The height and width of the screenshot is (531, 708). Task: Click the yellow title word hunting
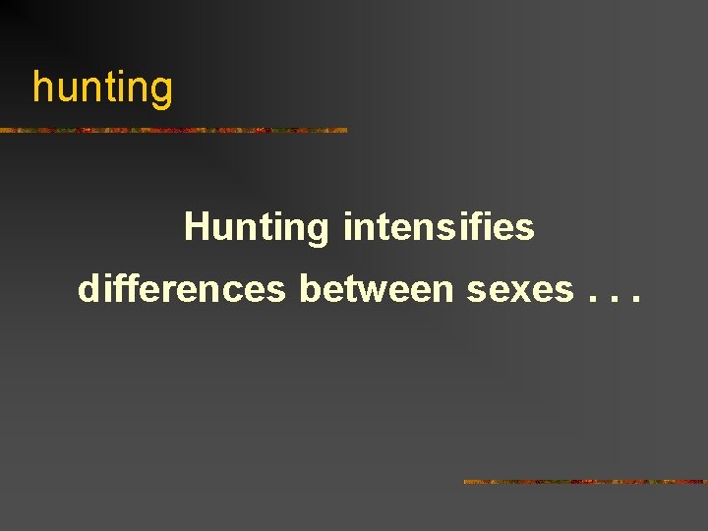click(x=102, y=88)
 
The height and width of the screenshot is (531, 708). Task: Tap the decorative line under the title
click(x=174, y=130)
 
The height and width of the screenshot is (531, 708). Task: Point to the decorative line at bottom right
click(x=584, y=482)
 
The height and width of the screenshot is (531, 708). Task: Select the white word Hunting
click(x=257, y=228)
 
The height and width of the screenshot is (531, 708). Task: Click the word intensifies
click(x=439, y=227)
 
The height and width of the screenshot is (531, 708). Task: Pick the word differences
click(x=182, y=289)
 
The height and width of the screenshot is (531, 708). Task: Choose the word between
click(x=378, y=289)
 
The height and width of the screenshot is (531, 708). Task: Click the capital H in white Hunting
click(x=196, y=227)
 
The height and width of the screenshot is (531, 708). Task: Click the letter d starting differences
click(x=88, y=289)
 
